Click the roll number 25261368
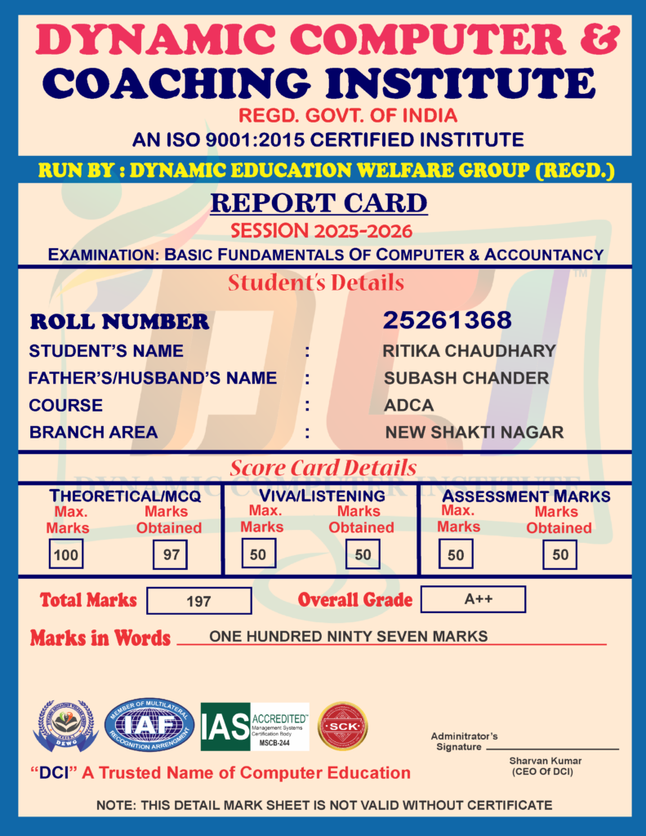[x=447, y=320]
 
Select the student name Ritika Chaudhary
[x=469, y=351]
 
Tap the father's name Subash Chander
[x=466, y=378]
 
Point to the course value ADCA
[x=408, y=405]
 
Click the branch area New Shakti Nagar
[x=474, y=432]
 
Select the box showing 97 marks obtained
[x=171, y=555]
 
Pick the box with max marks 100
[x=65, y=555]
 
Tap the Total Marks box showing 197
[x=198, y=602]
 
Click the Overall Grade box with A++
[x=473, y=599]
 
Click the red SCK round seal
[x=342, y=726]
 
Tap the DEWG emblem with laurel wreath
[x=65, y=726]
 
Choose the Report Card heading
[x=319, y=203]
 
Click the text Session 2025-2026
[x=321, y=230]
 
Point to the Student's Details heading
[x=316, y=283]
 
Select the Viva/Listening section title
[x=322, y=496]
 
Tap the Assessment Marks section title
[x=526, y=496]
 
